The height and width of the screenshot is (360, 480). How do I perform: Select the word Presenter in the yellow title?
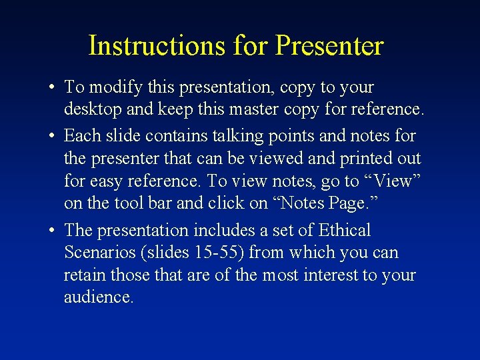329,46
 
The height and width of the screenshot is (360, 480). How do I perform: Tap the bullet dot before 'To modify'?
51,87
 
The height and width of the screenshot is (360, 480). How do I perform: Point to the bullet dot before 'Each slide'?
51,136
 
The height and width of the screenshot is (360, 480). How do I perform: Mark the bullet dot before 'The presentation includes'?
51,231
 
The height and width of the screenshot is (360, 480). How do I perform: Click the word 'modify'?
111,87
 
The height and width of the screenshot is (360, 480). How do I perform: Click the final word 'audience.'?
99,297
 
